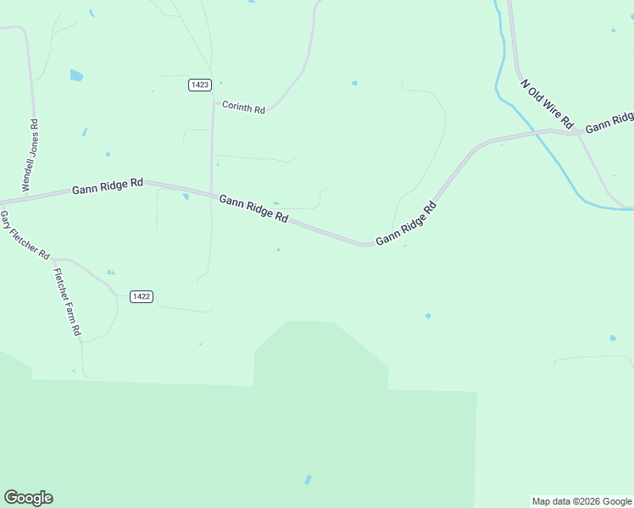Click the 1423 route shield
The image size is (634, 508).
click(x=200, y=85)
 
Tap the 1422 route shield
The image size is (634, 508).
click(x=142, y=296)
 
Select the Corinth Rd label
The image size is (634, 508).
click(x=243, y=108)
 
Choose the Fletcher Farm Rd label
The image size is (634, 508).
click(x=67, y=302)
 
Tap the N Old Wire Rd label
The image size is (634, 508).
click(x=548, y=104)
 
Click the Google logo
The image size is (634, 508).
click(x=28, y=498)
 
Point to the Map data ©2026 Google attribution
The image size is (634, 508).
click(x=582, y=501)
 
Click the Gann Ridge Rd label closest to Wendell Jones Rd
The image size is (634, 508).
click(x=108, y=186)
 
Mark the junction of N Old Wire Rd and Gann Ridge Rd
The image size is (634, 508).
click(x=577, y=132)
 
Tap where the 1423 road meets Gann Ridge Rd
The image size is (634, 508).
click(x=212, y=193)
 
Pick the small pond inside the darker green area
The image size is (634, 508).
click(x=308, y=480)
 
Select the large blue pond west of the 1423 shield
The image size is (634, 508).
click(x=76, y=75)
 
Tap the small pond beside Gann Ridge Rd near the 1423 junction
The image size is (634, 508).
click(x=186, y=197)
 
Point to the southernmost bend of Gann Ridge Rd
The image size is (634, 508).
click(x=364, y=245)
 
